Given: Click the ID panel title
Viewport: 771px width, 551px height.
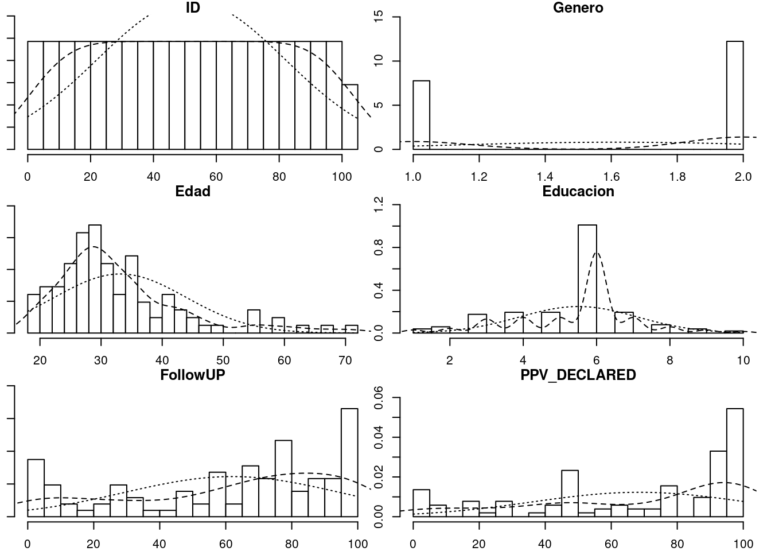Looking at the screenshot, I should click(x=193, y=8).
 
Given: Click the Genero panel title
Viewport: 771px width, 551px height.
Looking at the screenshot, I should click(x=578, y=8).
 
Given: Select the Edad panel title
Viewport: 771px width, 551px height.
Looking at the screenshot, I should click(x=193, y=192).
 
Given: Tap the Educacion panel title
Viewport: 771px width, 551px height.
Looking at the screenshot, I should click(x=578, y=192).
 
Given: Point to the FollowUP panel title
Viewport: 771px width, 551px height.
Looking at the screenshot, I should click(x=193, y=375).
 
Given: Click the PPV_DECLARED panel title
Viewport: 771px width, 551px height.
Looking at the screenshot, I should click(x=578, y=375).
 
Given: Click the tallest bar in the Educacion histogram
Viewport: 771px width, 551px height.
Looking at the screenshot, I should click(x=587, y=278).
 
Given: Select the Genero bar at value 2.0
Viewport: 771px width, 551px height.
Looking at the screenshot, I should click(x=734, y=95).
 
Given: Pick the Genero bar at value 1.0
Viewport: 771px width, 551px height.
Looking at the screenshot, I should click(x=421, y=115).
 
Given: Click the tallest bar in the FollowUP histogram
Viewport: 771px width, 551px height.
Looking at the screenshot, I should click(x=349, y=463).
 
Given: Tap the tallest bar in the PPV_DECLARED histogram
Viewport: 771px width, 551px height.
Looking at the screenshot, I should click(x=735, y=463).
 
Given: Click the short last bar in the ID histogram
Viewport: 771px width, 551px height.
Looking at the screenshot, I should click(x=350, y=117).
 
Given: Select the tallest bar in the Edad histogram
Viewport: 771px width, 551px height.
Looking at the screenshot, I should click(x=95, y=279).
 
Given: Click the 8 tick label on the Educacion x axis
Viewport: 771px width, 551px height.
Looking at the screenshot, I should click(x=669, y=360).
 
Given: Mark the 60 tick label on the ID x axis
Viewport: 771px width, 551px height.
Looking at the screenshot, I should click(x=216, y=177).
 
